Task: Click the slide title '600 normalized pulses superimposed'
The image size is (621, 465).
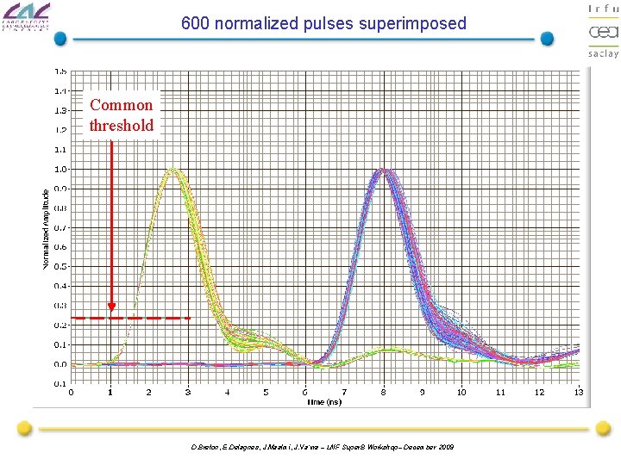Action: click(323, 23)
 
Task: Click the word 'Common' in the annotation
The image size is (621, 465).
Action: click(122, 105)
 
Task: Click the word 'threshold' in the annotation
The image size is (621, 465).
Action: click(122, 126)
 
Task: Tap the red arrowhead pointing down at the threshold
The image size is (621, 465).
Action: click(111, 306)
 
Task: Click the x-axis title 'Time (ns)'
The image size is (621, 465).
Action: click(325, 402)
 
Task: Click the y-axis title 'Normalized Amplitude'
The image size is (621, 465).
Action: click(47, 228)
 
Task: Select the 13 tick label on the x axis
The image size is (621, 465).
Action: click(579, 393)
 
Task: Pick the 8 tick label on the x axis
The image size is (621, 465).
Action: click(384, 393)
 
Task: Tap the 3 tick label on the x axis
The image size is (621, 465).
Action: click(188, 393)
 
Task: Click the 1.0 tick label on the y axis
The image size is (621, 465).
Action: click(60, 170)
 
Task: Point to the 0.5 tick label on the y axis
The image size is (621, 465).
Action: click(60, 267)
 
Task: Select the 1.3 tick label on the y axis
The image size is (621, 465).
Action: click(60, 111)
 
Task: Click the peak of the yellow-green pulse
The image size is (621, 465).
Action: click(175, 170)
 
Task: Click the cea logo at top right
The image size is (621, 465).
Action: click(603, 32)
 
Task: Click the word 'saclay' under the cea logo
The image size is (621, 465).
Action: click(603, 53)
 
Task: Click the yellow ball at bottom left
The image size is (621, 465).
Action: click(25, 428)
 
